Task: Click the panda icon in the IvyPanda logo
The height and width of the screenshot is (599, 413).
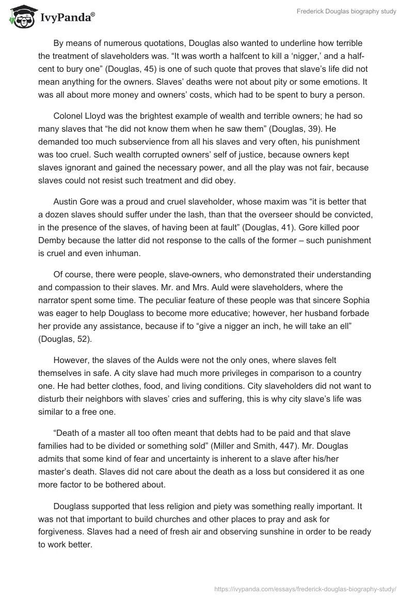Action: click(20, 18)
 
